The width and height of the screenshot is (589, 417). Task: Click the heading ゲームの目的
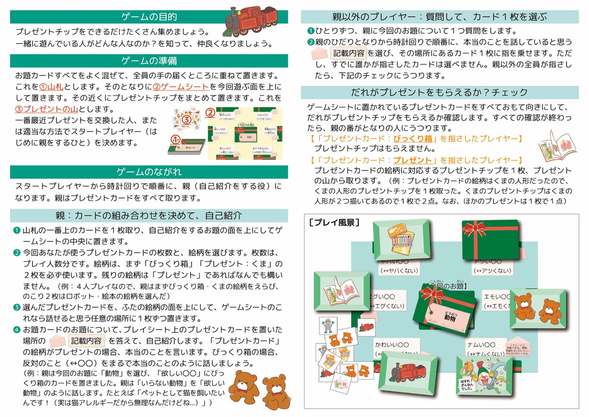coord(149,17)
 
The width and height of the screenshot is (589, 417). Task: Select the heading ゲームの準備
coord(149,60)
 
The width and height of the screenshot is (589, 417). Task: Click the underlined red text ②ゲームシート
coord(179,86)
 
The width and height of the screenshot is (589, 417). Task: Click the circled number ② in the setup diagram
coord(211,112)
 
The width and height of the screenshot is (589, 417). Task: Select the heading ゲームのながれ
coord(149,171)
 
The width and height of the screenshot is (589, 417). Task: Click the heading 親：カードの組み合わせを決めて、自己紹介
coord(149,215)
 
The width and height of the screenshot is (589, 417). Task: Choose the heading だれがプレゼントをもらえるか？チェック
coord(439,92)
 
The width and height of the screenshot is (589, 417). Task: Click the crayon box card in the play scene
coord(401,239)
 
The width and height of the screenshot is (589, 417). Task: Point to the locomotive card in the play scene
coord(408,371)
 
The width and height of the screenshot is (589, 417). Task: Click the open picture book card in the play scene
coord(342,290)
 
